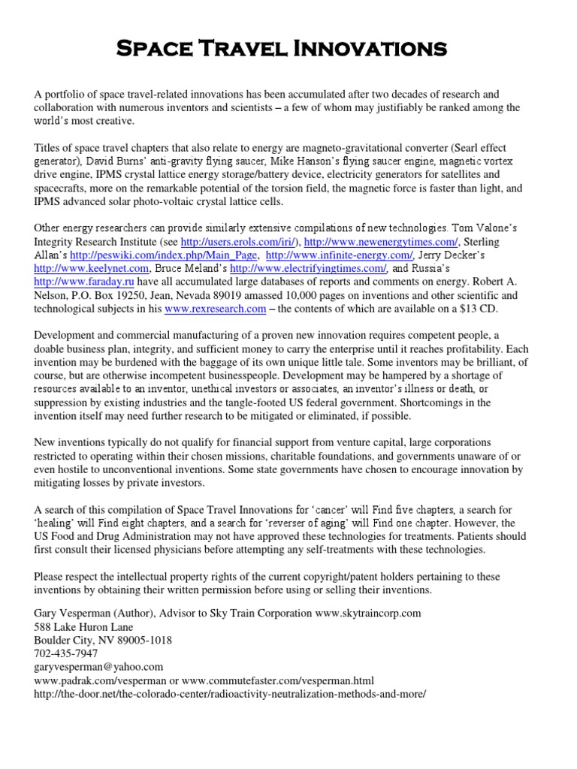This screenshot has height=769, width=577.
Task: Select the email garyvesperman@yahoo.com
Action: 98,667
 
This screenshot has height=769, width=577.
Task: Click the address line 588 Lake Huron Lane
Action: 83,626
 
